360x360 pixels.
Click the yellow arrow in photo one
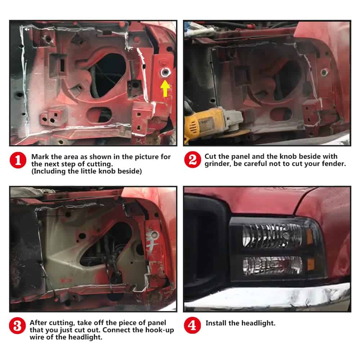click(165, 88)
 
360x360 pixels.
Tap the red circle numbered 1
click(18, 160)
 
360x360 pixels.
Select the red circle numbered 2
click(192, 159)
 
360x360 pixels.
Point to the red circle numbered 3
click(17, 326)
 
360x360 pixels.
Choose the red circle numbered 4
click(192, 325)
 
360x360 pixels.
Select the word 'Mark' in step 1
click(40, 157)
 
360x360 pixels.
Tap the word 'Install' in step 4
click(216, 323)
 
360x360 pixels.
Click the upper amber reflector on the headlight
click(310, 237)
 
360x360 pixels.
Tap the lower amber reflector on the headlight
click(311, 264)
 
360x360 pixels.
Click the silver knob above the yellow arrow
click(165, 73)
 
